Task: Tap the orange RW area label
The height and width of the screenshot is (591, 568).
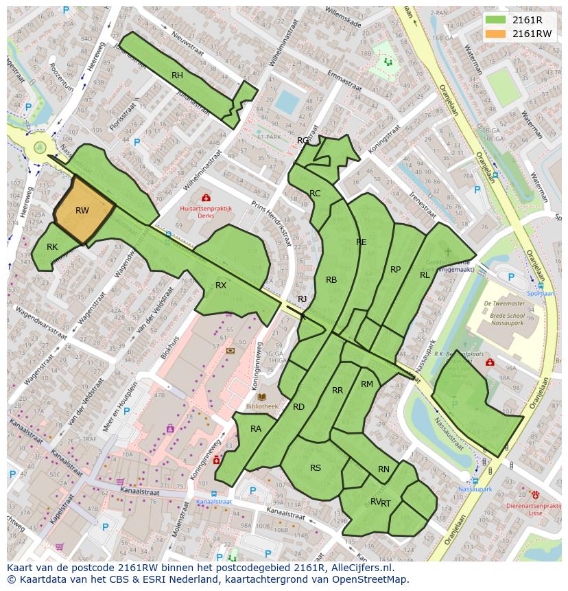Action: [82, 211]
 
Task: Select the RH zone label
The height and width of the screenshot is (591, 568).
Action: [177, 76]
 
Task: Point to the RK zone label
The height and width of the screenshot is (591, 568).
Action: [52, 247]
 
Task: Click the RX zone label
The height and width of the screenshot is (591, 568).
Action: [221, 285]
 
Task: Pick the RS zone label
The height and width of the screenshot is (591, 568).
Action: [316, 468]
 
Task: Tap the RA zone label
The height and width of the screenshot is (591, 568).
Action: [256, 429]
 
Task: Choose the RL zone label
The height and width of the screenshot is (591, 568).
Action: [425, 275]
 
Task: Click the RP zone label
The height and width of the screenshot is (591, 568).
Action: [395, 269]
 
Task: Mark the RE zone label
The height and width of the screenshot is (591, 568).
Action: [362, 242]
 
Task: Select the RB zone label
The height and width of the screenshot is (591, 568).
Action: [331, 279]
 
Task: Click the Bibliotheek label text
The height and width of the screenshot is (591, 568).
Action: [261, 406]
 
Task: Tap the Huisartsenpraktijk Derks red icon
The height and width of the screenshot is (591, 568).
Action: [206, 198]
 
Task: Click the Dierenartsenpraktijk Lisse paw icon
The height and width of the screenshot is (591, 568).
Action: [535, 494]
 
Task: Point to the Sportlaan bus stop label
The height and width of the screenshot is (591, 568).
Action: [541, 293]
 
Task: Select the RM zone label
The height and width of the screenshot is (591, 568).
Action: [367, 384]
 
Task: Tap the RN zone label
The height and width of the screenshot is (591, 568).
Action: [383, 470]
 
